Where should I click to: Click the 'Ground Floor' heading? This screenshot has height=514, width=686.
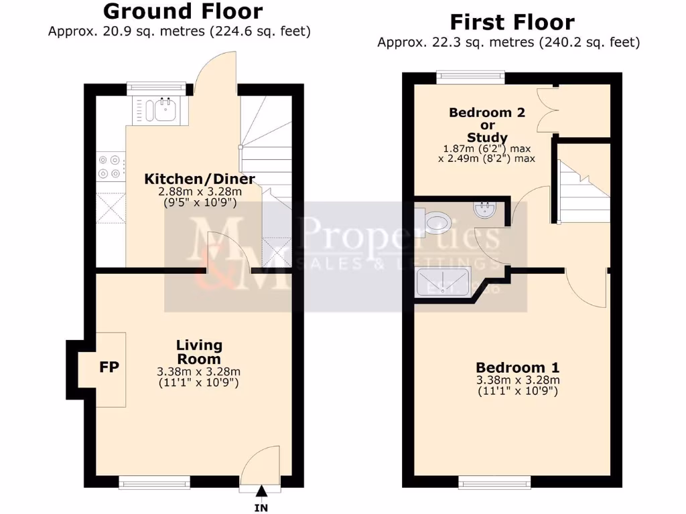183,11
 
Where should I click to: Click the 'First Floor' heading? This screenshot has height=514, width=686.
512,22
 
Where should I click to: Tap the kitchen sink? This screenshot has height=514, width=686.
161,109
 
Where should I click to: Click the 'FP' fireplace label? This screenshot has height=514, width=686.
109,367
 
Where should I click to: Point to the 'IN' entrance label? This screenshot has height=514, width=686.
261,508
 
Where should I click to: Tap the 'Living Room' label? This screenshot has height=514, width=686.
199,352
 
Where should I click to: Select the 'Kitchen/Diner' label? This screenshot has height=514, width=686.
200,179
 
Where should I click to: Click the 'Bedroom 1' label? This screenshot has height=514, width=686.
517,367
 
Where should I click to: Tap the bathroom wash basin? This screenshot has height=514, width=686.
484,211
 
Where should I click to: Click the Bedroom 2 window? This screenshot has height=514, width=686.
470,77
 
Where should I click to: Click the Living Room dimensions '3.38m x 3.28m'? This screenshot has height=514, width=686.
199,373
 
